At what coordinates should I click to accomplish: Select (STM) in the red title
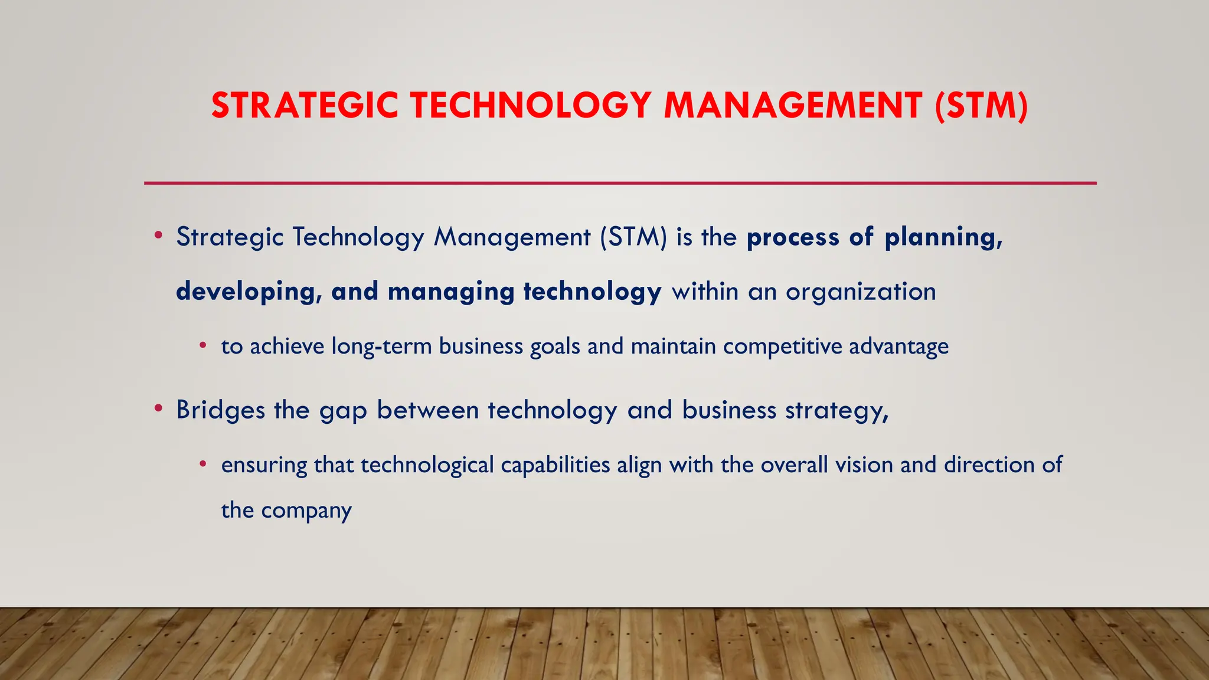tap(981, 106)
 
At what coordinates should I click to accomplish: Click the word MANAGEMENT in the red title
tap(793, 106)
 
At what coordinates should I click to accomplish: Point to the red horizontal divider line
tap(620, 183)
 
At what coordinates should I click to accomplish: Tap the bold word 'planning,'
tap(943, 237)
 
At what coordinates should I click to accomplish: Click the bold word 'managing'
tap(451, 292)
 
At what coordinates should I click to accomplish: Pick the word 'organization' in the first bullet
tap(861, 292)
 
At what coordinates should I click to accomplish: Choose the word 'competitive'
tap(782, 346)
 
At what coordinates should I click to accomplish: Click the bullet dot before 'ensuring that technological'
tap(203, 464)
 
